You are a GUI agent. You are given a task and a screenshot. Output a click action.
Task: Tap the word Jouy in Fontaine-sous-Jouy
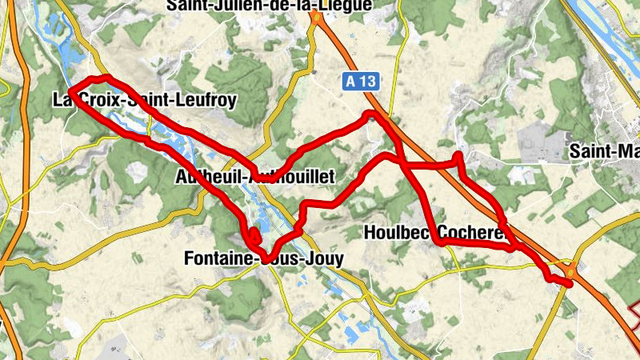[x=323, y=258]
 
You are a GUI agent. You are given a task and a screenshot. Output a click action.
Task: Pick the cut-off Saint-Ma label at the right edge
[x=603, y=150]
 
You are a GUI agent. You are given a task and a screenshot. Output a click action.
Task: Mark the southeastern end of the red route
[x=570, y=283]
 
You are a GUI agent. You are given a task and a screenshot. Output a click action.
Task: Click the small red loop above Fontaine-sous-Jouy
[x=253, y=235]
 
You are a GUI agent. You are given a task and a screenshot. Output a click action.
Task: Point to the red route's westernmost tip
[x=70, y=93]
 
